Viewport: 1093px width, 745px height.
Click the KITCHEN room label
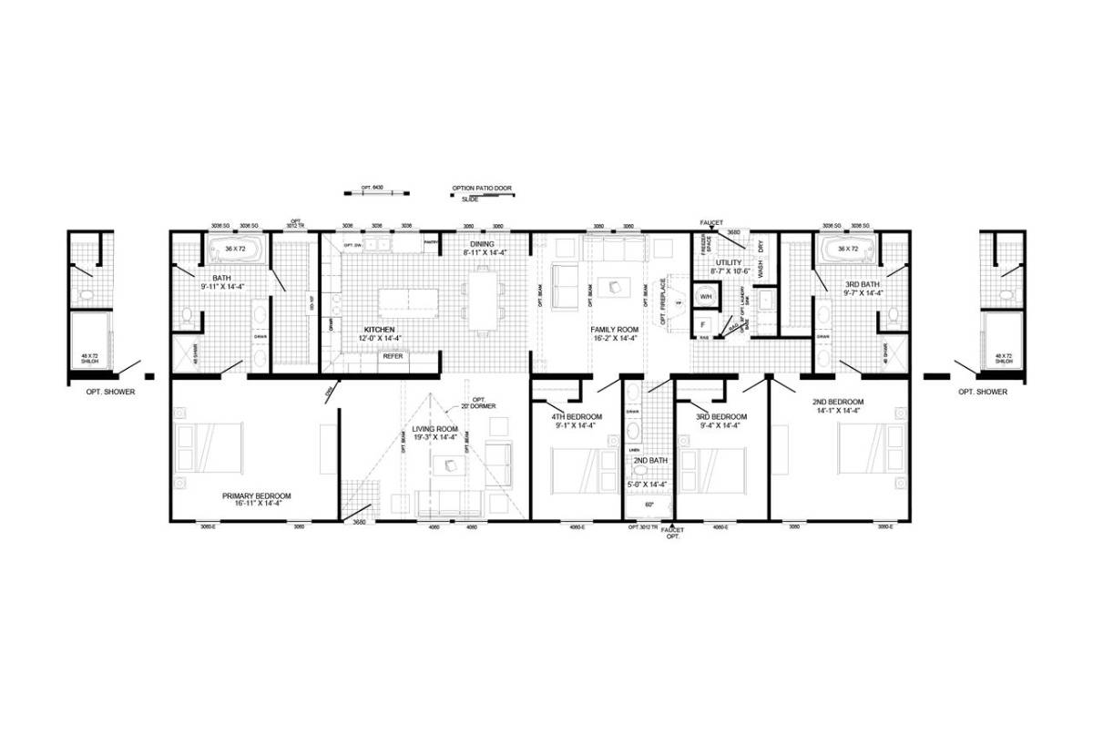(380, 329)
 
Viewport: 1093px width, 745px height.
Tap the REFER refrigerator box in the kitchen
(393, 357)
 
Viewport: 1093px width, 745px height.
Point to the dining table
(483, 297)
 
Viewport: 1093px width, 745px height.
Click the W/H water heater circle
(704, 296)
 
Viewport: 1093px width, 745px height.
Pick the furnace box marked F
(703, 324)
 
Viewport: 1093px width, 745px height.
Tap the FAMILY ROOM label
(615, 329)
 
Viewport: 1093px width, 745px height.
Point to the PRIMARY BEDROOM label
(257, 496)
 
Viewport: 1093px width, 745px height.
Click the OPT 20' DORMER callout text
(477, 401)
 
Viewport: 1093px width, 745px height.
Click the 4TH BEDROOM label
(577, 418)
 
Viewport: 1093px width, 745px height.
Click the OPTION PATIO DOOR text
(482, 189)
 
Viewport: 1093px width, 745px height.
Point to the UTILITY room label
(730, 262)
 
